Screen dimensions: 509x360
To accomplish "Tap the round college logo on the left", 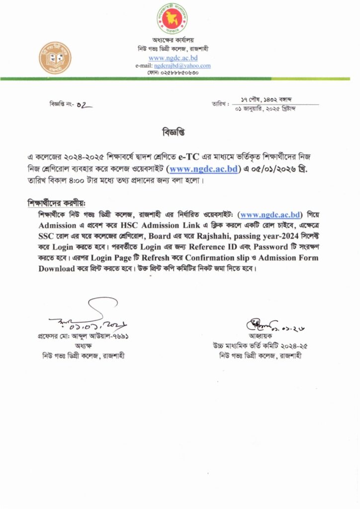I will point(55,58).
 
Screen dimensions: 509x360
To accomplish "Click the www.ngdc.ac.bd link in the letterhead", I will point(173,58).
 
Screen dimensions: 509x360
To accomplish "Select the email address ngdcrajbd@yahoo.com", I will point(182,66).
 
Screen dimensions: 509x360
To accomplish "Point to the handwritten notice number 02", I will point(85,105).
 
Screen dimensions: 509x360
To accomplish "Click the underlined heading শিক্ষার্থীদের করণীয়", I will point(56,203).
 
